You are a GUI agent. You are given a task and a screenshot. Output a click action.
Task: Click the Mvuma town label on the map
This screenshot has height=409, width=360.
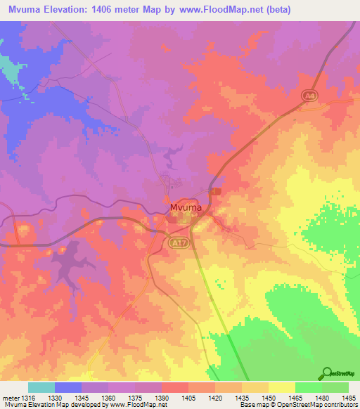click(x=186, y=207)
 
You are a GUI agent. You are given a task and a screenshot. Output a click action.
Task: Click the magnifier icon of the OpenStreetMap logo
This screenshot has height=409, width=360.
click(x=327, y=373)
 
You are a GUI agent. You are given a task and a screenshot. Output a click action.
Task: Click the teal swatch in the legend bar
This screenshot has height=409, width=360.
click(x=41, y=387)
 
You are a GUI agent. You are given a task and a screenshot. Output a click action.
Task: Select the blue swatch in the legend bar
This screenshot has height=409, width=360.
click(x=68, y=387)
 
